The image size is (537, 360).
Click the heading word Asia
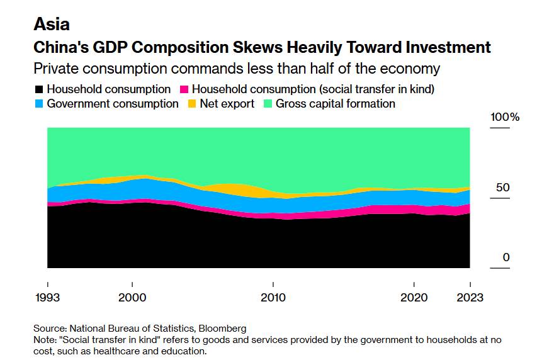point(52,25)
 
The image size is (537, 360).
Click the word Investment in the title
point(441,47)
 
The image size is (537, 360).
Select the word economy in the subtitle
point(410,68)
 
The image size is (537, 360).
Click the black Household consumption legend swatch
point(40,89)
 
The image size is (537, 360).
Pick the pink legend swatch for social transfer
point(185,89)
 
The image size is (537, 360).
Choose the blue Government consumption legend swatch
point(40,104)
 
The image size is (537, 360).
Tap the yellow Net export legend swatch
point(192,104)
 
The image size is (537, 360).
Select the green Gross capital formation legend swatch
point(268,104)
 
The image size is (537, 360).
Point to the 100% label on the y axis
point(506,118)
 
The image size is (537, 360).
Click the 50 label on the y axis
point(502,188)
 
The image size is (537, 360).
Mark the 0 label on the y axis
point(505,257)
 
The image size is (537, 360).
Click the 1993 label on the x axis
point(47,298)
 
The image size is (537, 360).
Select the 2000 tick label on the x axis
point(132,298)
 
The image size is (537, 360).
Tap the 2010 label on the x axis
point(273,298)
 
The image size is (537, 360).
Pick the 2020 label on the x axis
point(414,298)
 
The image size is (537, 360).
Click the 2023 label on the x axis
point(470,298)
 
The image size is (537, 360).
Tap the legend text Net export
point(227,104)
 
